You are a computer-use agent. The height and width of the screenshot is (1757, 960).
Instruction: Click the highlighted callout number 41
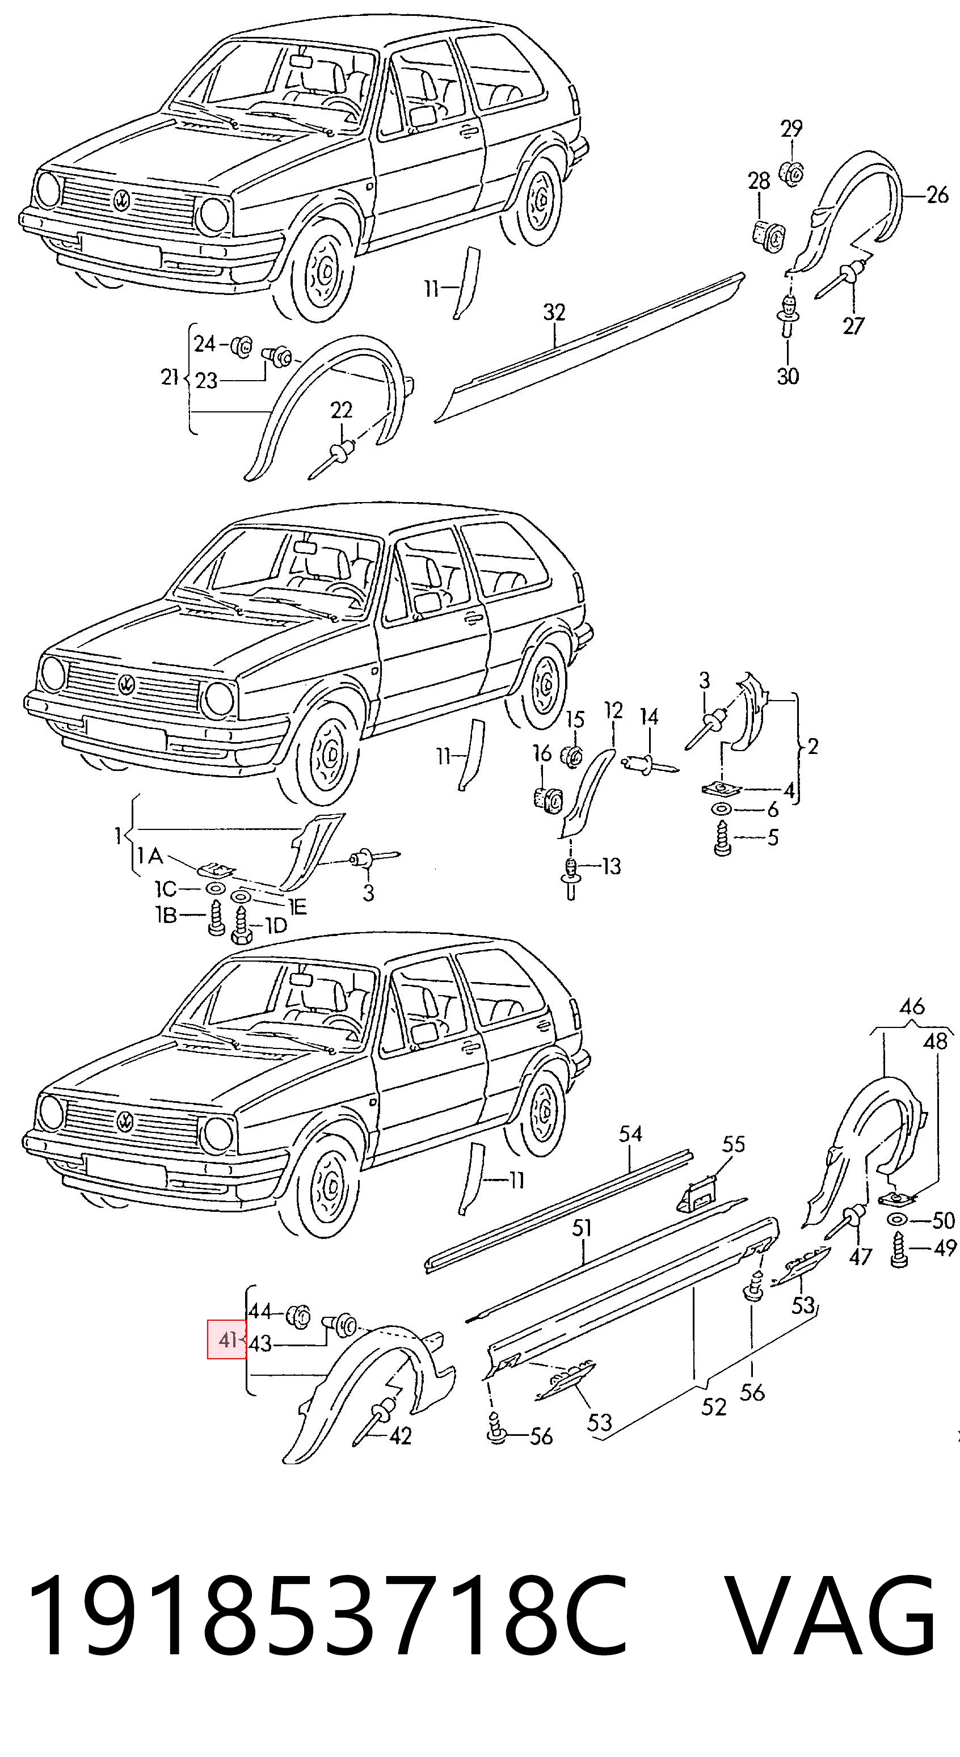(x=227, y=1339)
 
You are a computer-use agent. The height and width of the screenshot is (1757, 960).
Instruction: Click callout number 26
(x=937, y=195)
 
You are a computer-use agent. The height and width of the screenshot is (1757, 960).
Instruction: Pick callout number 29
(x=791, y=128)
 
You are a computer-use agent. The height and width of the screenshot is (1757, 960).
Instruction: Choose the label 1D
(x=275, y=925)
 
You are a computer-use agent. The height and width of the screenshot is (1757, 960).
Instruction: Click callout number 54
(x=630, y=1134)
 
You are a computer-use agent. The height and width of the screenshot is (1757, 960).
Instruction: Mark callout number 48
(x=936, y=1041)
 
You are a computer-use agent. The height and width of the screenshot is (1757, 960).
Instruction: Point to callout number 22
(x=341, y=410)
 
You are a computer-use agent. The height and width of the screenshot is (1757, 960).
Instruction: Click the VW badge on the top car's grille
(x=121, y=200)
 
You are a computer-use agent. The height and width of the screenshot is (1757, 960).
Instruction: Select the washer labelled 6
(x=721, y=810)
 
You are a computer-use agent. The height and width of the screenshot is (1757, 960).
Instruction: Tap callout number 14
(x=649, y=717)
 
